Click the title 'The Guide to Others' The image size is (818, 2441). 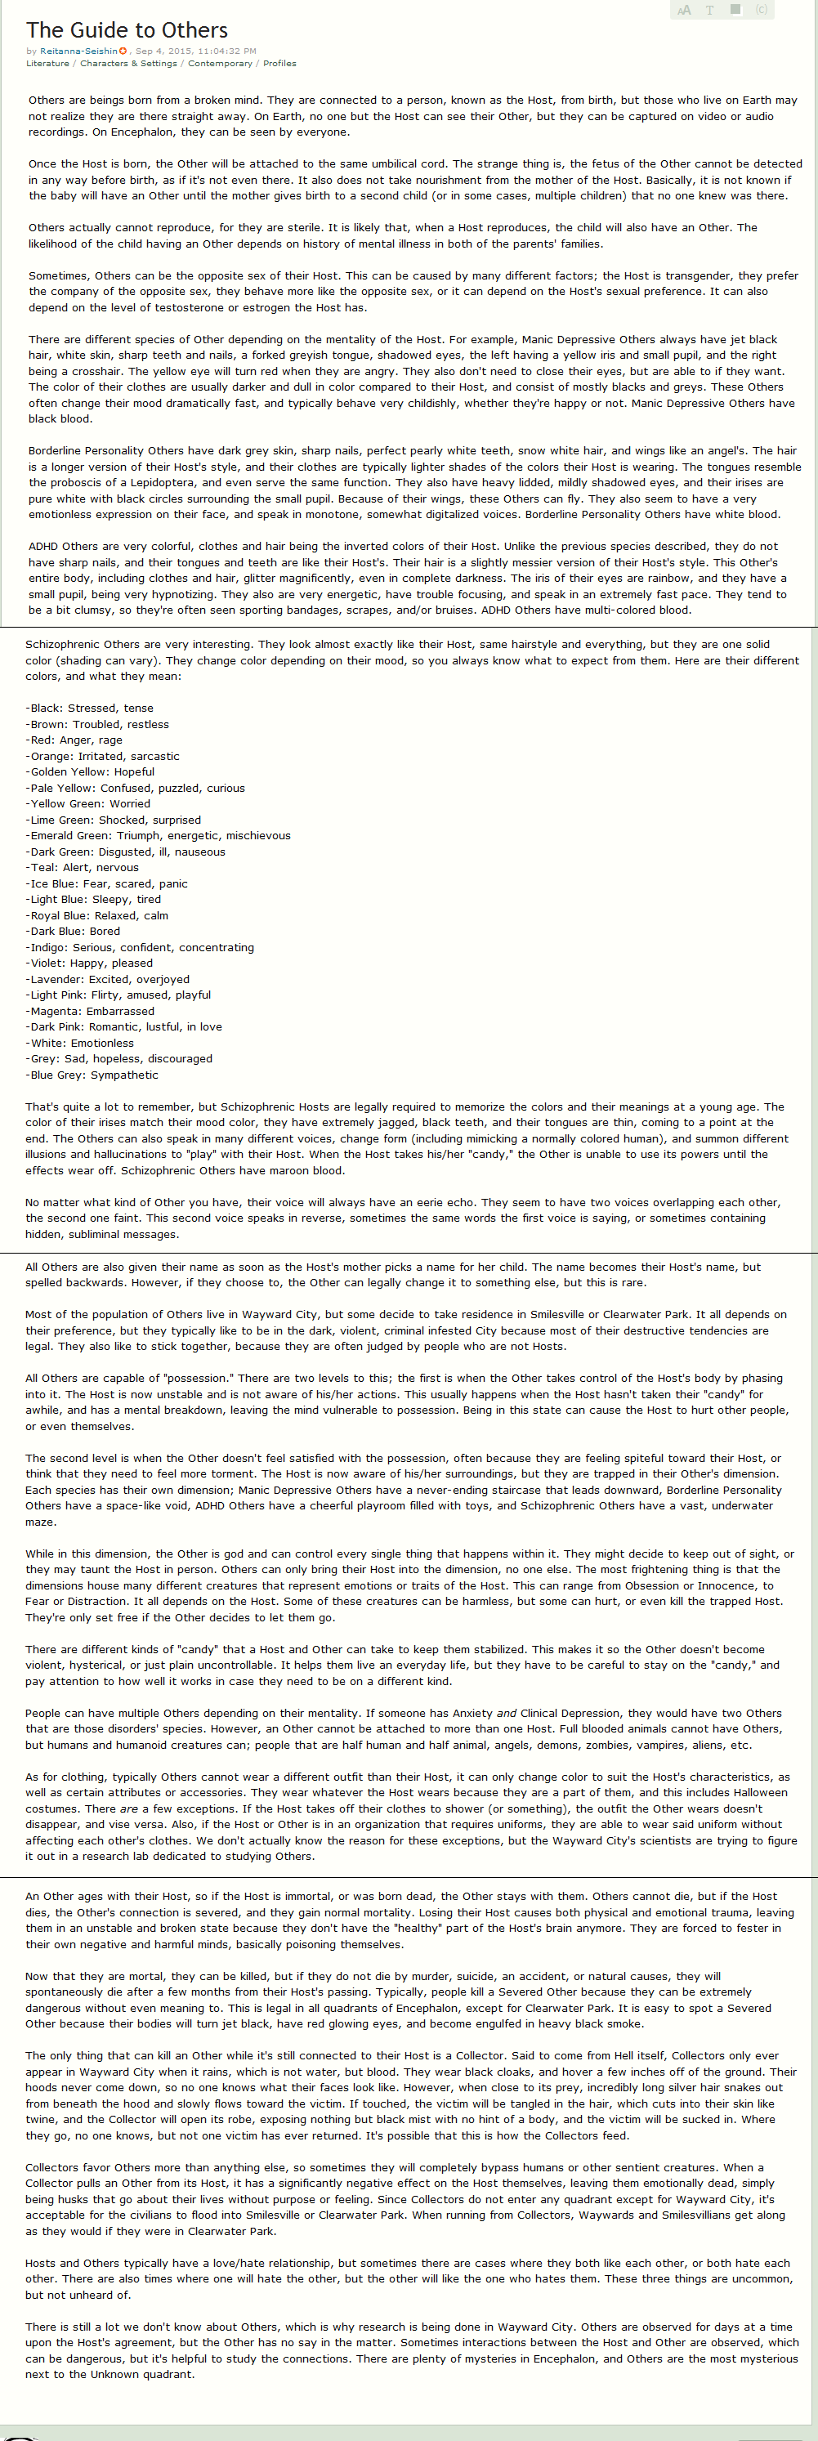127,30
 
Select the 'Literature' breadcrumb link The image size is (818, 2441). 47,64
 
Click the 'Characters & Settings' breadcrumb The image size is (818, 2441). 128,64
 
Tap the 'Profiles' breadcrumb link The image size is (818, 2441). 279,64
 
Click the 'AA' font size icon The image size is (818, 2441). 683,11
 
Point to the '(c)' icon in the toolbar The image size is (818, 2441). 761,10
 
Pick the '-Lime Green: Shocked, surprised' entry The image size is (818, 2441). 113,820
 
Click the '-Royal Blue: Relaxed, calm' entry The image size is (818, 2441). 96,915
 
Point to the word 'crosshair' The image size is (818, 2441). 93,372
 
